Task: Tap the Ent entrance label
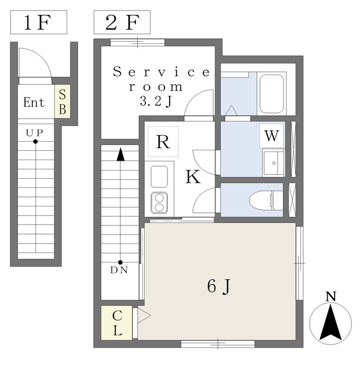pyautogui.click(x=34, y=103)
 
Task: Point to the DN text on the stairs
pyautogui.click(x=120, y=270)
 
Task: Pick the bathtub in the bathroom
pyautogui.click(x=272, y=93)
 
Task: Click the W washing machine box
pyautogui.click(x=271, y=136)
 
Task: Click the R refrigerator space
pyautogui.click(x=163, y=142)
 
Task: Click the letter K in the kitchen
pyautogui.click(x=193, y=177)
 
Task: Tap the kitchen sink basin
pyautogui.click(x=159, y=176)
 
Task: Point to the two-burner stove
pyautogui.click(x=159, y=202)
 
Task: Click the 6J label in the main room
pyautogui.click(x=219, y=286)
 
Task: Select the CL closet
pyautogui.click(x=116, y=323)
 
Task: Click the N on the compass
pyautogui.click(x=330, y=297)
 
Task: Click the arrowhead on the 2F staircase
pyautogui.click(x=120, y=154)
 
